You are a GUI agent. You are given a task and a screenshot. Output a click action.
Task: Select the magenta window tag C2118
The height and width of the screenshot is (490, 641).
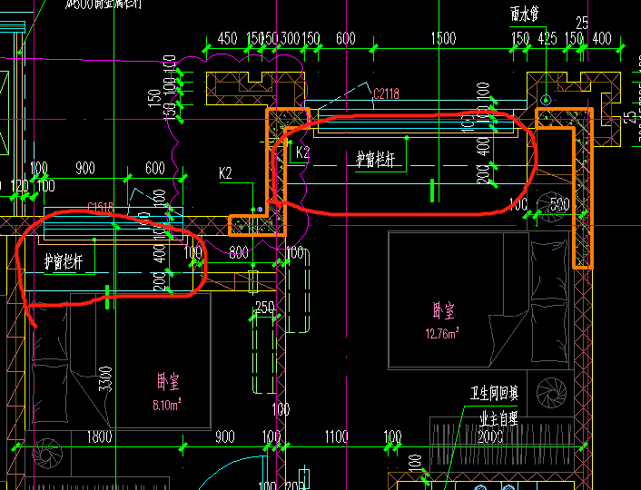386,93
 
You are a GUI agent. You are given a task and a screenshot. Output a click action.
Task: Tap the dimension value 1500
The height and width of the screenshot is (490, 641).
444,38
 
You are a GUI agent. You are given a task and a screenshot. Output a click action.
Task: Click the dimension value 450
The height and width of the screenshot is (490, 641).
227,38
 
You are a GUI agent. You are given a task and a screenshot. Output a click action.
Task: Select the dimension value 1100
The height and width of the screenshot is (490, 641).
336,437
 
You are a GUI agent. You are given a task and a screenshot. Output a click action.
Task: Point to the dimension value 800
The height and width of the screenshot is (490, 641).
238,253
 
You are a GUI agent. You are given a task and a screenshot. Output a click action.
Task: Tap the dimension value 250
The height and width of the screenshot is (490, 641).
264,307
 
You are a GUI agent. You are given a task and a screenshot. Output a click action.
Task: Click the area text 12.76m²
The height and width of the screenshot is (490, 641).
442,333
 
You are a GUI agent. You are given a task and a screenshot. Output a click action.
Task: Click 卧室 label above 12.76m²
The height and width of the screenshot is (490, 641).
443,311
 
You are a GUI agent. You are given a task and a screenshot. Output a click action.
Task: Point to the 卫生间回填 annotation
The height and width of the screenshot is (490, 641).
494,393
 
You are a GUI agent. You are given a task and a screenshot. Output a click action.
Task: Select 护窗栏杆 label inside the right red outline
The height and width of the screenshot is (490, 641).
375,160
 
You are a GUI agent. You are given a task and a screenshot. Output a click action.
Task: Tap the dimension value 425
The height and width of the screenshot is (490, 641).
547,38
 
